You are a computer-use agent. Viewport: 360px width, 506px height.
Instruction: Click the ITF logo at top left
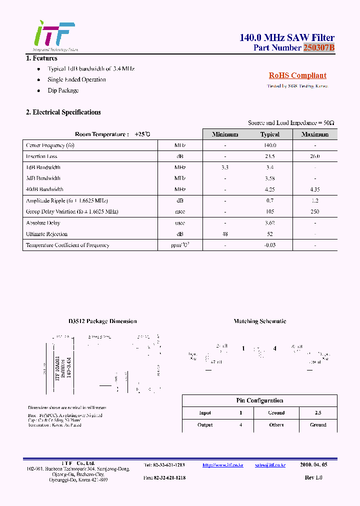point(54,35)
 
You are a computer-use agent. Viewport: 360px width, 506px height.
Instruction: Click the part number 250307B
point(318,48)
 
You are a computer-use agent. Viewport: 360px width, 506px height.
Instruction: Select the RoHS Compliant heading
point(297,75)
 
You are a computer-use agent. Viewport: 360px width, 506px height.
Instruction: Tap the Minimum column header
point(225,134)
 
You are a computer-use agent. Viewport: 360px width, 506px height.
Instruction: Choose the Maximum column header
point(315,134)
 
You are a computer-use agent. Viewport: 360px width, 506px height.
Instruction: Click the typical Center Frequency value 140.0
point(270,145)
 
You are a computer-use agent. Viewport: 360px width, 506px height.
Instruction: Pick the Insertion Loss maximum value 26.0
point(315,156)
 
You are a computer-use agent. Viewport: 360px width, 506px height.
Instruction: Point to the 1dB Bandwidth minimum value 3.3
point(225,167)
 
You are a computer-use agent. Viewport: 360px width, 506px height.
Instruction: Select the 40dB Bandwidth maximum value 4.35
point(315,189)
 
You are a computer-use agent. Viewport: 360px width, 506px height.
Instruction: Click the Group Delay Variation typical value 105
point(270,211)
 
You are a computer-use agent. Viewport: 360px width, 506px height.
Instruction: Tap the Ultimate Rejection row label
point(46,234)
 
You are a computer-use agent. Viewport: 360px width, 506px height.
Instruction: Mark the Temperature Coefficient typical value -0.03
point(270,245)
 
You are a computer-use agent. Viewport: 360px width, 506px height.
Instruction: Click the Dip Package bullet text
point(63,90)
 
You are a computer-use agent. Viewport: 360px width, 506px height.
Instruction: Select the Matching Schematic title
point(260,321)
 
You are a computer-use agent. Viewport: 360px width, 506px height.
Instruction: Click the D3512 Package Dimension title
point(102,321)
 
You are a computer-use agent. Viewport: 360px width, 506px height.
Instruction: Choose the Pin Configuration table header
point(259,400)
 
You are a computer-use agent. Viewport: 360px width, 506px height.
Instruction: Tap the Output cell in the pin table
point(205,425)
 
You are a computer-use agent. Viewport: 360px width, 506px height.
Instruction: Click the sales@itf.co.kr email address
point(270,465)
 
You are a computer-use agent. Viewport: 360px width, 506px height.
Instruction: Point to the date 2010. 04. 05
point(313,465)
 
